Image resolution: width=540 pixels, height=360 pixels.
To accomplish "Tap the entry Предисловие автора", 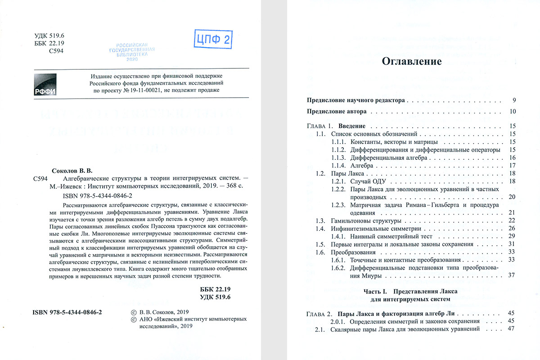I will point(336,111).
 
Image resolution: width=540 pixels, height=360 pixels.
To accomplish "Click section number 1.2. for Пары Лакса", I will point(320,173).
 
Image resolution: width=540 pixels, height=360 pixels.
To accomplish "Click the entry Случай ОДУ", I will point(369,181).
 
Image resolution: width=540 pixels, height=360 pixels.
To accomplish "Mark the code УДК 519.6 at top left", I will point(50,36).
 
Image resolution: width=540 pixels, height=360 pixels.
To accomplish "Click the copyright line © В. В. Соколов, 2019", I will point(160,312).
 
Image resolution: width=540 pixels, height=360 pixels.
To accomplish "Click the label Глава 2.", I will point(319,313).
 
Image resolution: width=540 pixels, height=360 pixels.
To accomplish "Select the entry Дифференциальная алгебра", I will point(386,158).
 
